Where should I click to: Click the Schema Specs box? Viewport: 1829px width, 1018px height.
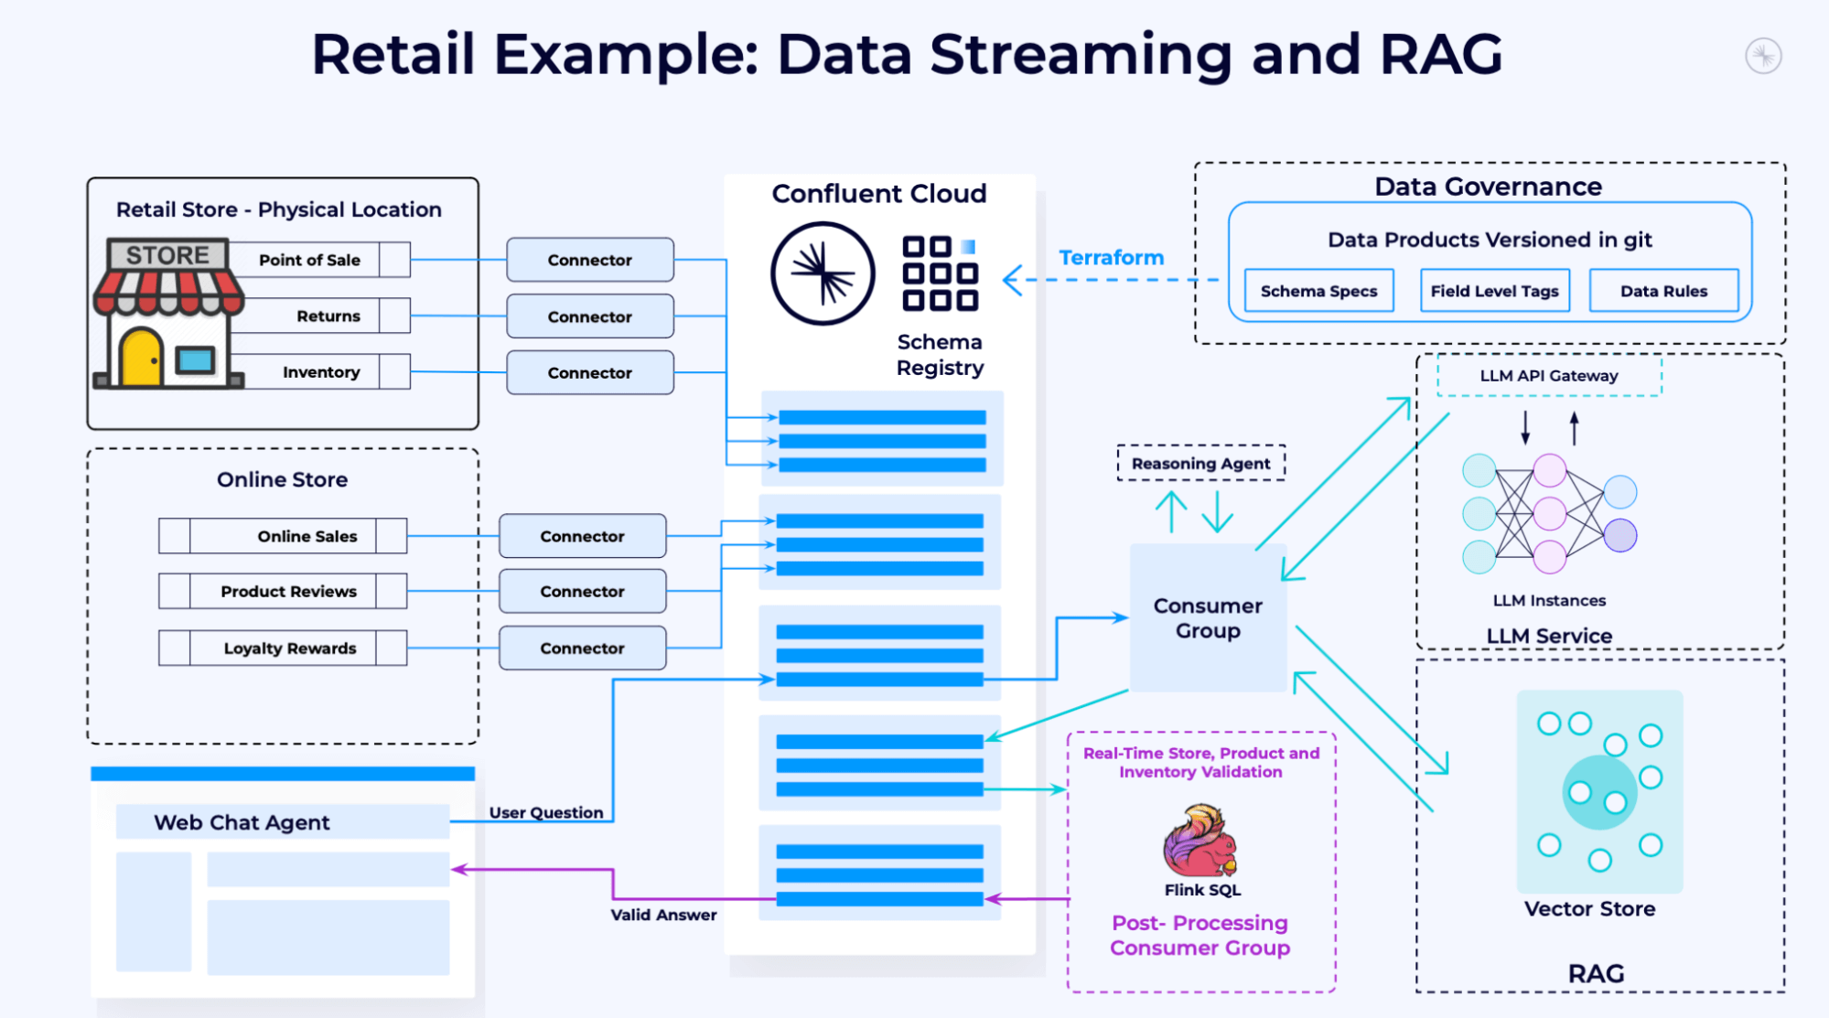click(x=1318, y=291)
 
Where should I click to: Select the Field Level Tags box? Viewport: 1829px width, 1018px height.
click(x=1494, y=291)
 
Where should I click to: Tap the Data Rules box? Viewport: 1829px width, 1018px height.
click(x=1663, y=291)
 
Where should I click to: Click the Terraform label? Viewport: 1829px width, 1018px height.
click(x=1111, y=258)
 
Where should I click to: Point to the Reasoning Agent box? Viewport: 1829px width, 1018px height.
click(x=1200, y=464)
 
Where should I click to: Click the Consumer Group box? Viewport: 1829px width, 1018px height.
click(x=1208, y=618)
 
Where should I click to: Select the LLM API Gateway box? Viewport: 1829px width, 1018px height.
click(x=1548, y=376)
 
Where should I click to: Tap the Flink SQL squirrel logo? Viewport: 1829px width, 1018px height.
click(x=1200, y=840)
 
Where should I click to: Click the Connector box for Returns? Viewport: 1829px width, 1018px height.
click(x=590, y=316)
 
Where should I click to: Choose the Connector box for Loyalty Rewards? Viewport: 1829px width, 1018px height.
click(x=582, y=648)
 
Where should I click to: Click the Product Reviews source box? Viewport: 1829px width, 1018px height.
click(x=288, y=592)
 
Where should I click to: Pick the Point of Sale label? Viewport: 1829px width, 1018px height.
click(x=309, y=260)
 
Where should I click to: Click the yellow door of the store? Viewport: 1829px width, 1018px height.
click(x=142, y=357)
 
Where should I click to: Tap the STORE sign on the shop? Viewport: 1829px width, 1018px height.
click(x=167, y=255)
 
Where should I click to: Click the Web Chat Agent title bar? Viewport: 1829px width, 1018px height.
click(x=282, y=822)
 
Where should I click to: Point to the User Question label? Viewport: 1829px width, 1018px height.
click(x=545, y=812)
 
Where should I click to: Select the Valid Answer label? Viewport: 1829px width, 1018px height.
click(x=663, y=915)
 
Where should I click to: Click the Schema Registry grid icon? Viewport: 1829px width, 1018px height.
click(x=940, y=273)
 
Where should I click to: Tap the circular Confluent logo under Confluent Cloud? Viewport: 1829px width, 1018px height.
click(x=823, y=273)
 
